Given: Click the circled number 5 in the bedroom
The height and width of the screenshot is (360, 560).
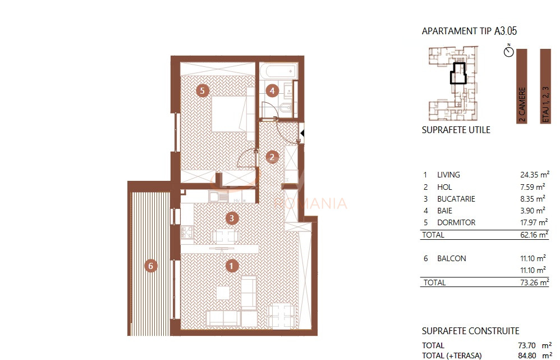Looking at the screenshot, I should click(x=203, y=90).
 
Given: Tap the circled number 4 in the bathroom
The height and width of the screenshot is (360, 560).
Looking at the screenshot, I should click(x=272, y=90).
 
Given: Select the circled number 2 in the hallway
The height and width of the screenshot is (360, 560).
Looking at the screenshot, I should click(x=272, y=157).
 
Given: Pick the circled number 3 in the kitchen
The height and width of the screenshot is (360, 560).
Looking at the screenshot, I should click(x=231, y=217).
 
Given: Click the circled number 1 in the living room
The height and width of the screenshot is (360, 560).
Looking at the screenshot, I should click(x=231, y=266).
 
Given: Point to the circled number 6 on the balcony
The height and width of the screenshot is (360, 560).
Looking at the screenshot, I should click(x=150, y=266).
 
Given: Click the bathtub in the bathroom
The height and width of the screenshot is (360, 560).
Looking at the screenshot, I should click(x=277, y=71).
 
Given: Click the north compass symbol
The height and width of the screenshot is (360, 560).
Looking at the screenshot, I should click(x=509, y=52).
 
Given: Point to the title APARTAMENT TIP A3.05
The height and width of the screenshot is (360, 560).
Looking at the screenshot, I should click(x=469, y=31).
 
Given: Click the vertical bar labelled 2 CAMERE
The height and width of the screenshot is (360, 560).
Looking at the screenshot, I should click(x=522, y=85).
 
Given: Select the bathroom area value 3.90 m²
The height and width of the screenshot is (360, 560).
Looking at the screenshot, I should click(x=534, y=211).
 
